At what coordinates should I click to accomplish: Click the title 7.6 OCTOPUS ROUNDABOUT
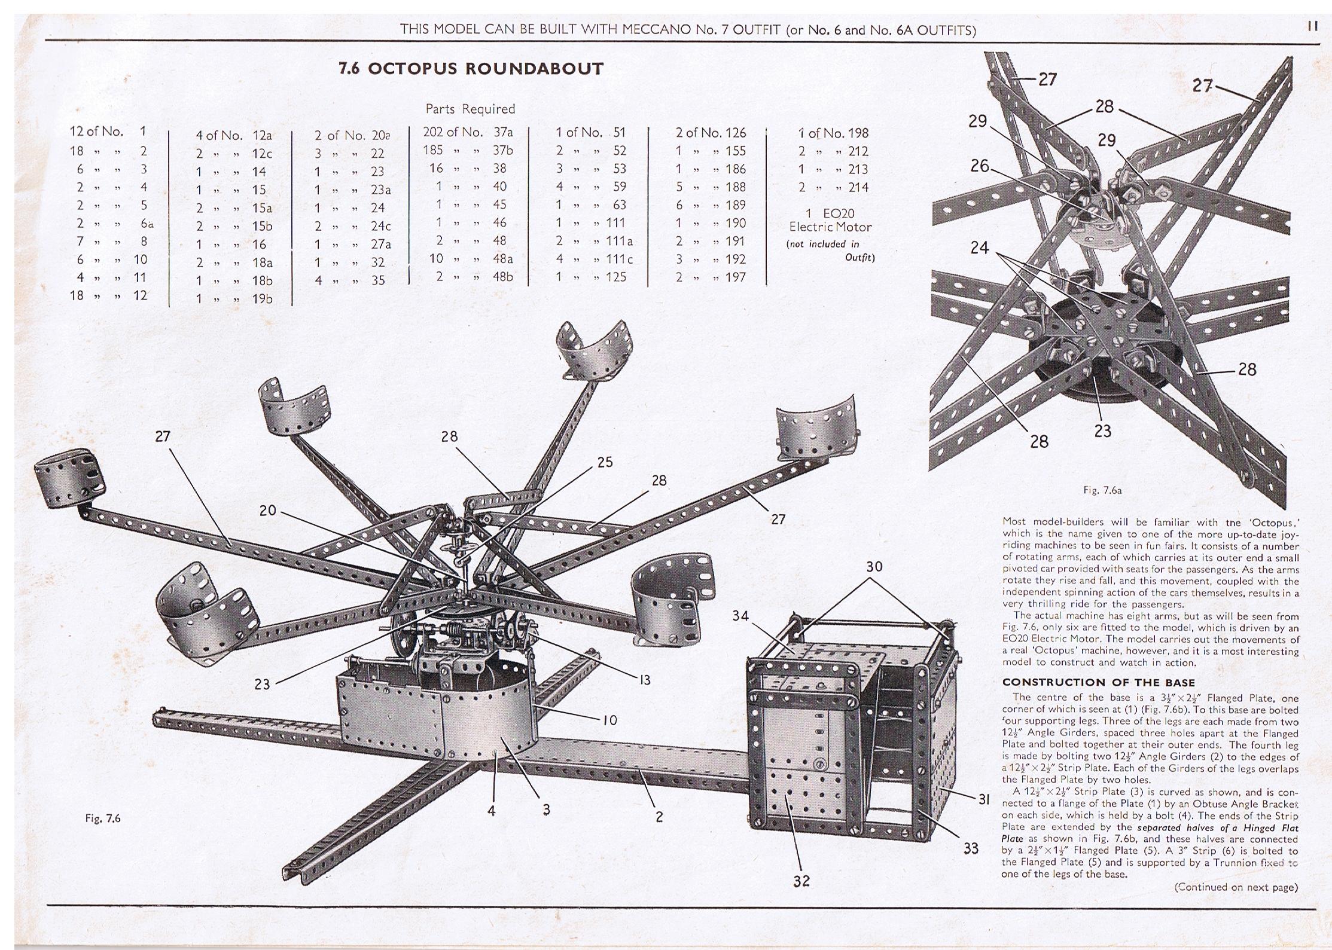coord(471,69)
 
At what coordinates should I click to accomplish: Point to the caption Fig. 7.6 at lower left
coord(103,818)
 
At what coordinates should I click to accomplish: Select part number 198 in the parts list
coord(858,133)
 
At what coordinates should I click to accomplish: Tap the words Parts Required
coord(470,109)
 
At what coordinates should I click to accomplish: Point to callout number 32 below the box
coord(801,881)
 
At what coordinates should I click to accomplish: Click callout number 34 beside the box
coord(740,616)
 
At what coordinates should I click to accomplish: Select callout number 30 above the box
coord(874,567)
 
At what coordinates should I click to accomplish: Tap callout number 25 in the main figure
coord(605,462)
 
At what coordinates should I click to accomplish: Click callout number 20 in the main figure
coord(267,511)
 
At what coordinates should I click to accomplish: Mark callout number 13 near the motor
coord(644,680)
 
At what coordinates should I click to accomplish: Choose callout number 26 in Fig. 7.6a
coord(980,166)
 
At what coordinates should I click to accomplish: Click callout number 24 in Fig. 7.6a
coord(980,247)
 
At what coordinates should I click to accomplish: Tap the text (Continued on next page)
coord(1236,887)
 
